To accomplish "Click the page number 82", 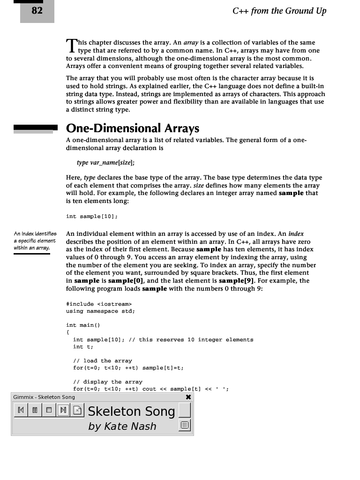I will [37, 10].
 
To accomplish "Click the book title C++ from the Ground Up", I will [279, 11].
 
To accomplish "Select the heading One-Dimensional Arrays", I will [133, 128].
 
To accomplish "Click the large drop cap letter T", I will [71, 45].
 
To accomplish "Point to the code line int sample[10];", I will [92, 216].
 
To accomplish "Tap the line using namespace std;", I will [100, 311].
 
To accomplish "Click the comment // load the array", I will [103, 360].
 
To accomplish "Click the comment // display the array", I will [108, 382].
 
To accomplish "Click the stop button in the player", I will [48, 411].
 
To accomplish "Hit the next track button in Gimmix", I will [62, 411].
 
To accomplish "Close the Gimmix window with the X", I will [188, 397].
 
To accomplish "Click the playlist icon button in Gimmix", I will [185, 426].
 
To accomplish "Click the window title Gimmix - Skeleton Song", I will [44, 397].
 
